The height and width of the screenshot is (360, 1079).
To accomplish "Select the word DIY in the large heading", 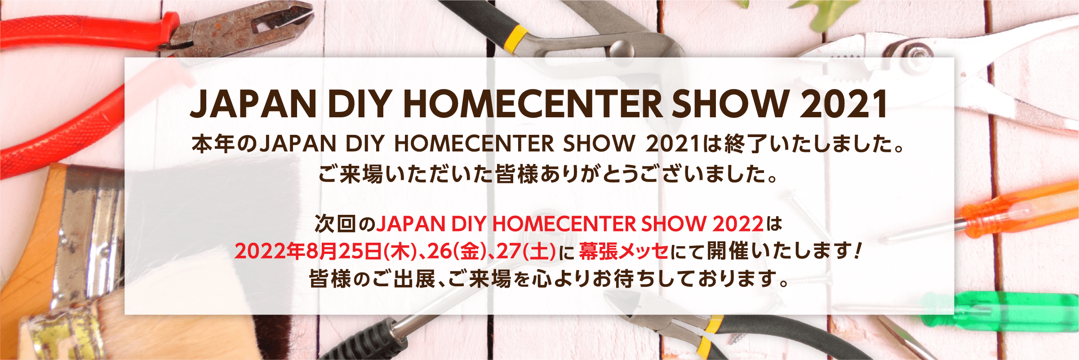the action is click(x=359, y=104).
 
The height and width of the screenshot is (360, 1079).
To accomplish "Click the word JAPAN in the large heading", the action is click(x=253, y=104).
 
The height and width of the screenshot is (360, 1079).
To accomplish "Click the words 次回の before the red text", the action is click(x=345, y=224).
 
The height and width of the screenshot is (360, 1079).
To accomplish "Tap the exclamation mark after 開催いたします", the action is click(x=857, y=250).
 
